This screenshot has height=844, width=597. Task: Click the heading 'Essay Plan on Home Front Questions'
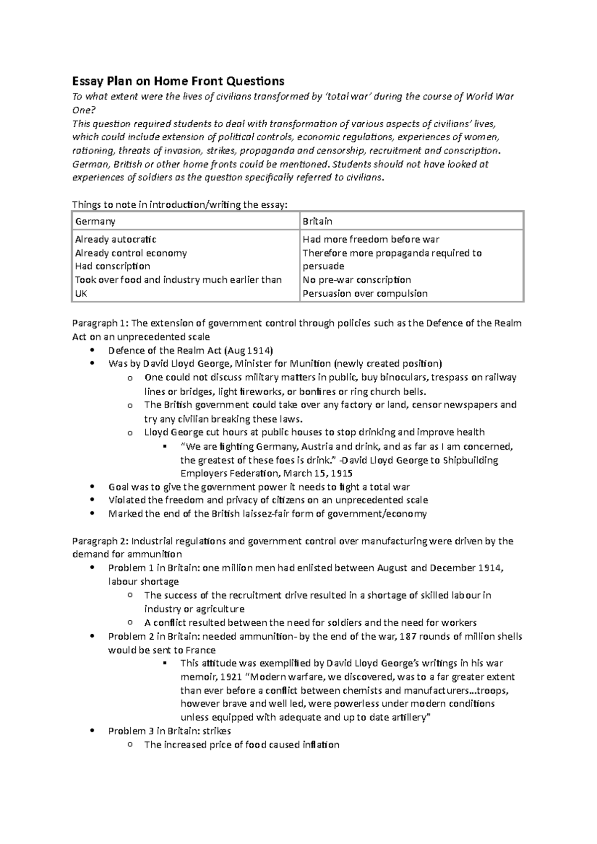178,81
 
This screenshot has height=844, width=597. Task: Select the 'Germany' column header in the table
95,221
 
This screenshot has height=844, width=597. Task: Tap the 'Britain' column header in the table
317,221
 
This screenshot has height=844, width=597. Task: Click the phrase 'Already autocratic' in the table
115,240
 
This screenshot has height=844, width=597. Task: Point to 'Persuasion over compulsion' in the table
365,293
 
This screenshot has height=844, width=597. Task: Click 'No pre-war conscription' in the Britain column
357,280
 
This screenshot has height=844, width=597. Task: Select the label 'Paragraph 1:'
100,324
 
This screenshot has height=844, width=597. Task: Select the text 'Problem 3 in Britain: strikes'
169,731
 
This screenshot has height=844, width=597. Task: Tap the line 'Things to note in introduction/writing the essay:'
180,205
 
